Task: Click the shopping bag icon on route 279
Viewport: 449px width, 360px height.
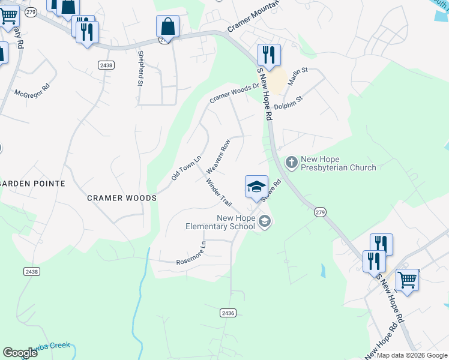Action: click(x=167, y=27)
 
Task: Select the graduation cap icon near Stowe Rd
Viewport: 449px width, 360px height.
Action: click(x=256, y=187)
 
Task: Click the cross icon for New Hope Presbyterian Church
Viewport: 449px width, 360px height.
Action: click(x=291, y=162)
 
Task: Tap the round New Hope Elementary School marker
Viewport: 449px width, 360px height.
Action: click(x=264, y=222)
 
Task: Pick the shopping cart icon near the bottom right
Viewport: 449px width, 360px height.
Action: click(x=407, y=280)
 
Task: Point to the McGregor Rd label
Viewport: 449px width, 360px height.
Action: click(x=32, y=95)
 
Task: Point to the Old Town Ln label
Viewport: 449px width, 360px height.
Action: click(x=185, y=166)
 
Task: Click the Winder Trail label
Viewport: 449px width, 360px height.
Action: click(x=218, y=193)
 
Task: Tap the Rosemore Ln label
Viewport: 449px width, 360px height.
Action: click(x=191, y=254)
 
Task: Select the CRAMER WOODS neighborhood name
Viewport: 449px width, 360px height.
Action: click(x=122, y=198)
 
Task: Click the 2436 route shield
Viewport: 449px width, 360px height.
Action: click(x=228, y=313)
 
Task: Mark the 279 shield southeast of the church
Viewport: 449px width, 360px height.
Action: click(x=320, y=212)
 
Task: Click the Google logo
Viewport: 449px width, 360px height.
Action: click(x=20, y=353)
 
